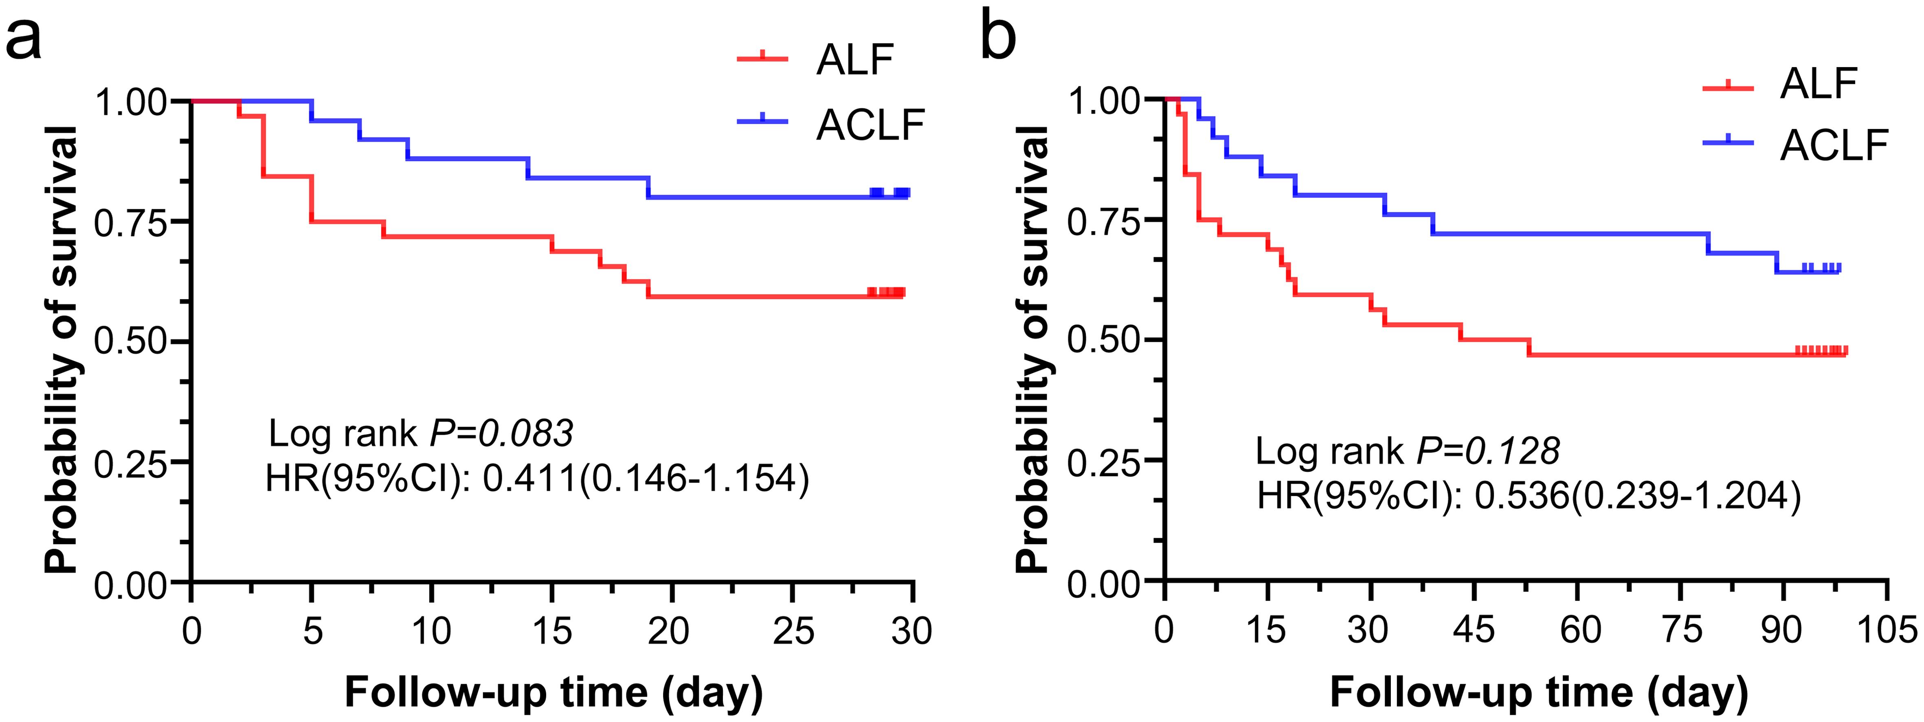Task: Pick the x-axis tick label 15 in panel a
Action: (x=552, y=632)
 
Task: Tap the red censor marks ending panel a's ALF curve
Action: (x=887, y=292)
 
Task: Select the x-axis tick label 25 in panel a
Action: (x=793, y=632)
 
